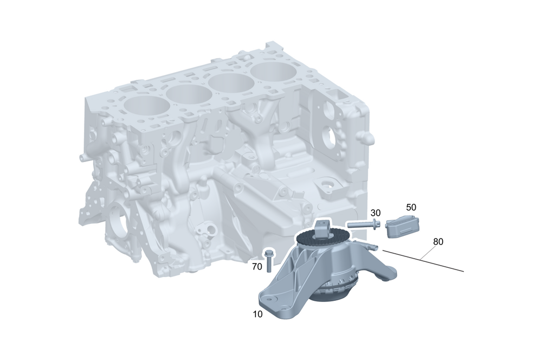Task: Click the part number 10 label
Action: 258,314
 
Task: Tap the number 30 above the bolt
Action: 376,213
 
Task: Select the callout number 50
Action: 411,207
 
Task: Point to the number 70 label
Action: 257,267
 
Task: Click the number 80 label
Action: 438,242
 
